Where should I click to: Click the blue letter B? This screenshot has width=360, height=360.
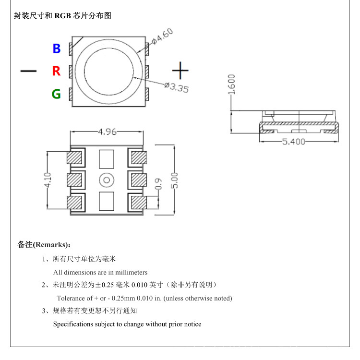(57, 48)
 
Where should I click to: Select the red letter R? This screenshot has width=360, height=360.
(57, 71)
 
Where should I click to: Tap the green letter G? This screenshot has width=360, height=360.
(57, 94)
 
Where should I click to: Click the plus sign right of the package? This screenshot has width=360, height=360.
(180, 71)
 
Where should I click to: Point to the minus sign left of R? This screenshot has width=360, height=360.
(28, 71)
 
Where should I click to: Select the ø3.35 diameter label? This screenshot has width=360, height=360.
(176, 88)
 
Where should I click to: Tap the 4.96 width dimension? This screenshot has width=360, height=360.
(107, 132)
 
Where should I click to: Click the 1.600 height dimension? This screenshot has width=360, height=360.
(232, 85)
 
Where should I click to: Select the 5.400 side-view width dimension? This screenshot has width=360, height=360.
(292, 142)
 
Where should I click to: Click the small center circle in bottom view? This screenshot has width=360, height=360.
(106, 180)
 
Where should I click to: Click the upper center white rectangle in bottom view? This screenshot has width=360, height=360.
(106, 158)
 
